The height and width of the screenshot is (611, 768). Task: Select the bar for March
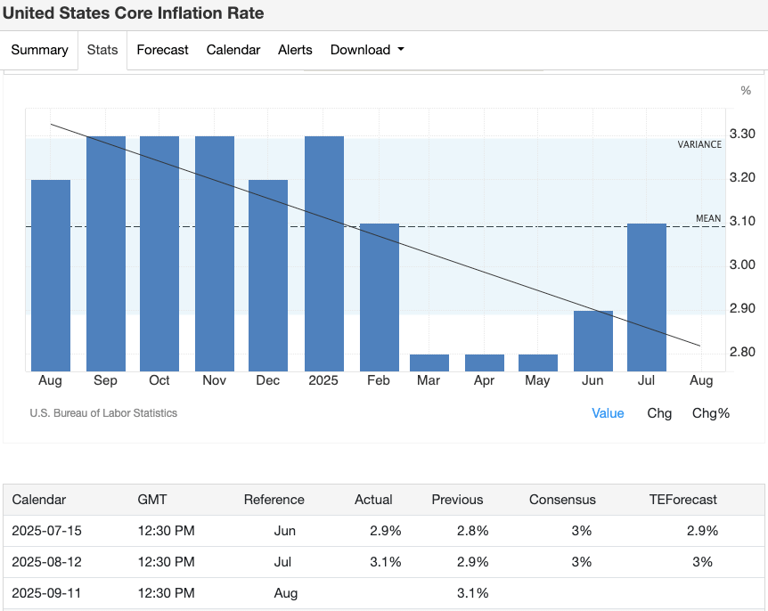tap(429, 363)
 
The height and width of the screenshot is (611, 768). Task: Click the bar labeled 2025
tap(324, 254)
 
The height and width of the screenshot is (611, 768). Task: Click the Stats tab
tap(102, 50)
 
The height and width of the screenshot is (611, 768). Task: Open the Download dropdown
tap(367, 50)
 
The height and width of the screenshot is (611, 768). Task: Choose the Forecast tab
tap(162, 50)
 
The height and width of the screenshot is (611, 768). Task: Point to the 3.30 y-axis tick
tap(742, 134)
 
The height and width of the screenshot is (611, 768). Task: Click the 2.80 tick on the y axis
tap(742, 353)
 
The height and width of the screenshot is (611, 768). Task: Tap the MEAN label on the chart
tap(708, 219)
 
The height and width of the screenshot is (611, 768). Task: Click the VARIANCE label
tap(699, 144)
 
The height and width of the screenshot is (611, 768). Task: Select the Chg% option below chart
tap(711, 413)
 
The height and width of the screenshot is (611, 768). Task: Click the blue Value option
tap(608, 413)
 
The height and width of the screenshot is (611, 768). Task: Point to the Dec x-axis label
tap(267, 381)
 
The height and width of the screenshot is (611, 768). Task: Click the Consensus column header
tap(562, 500)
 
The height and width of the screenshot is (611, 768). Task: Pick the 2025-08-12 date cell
tap(46, 562)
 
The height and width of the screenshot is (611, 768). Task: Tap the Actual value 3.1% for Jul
tap(386, 562)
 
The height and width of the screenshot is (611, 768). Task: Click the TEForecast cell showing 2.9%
tap(702, 531)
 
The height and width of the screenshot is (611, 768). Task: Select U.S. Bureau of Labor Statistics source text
tap(103, 413)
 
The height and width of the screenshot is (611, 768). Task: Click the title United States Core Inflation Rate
tap(134, 14)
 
